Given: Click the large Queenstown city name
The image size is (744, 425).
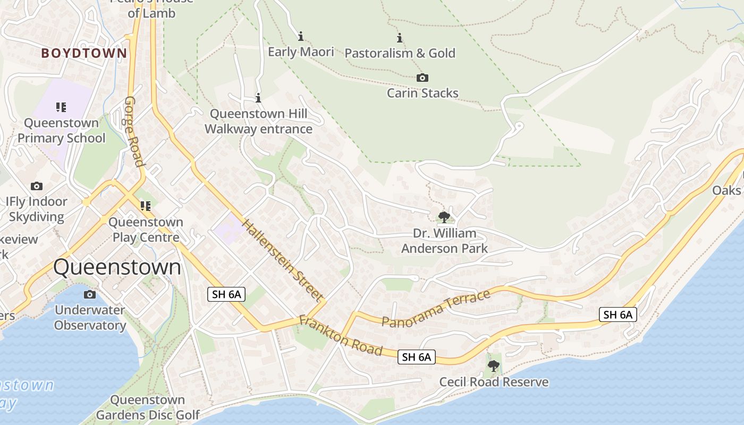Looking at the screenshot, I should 117,267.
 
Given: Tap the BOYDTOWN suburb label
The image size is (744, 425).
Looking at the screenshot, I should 84,53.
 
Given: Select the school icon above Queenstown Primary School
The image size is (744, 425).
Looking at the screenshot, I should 61,107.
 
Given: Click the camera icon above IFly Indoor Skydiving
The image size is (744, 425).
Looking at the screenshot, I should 37,186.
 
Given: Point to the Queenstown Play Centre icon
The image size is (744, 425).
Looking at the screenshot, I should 145,206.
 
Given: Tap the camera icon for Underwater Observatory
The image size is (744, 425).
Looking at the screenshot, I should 90,294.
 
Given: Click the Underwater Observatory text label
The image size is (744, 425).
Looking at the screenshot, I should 90,318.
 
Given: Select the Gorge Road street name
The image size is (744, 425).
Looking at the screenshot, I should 135,131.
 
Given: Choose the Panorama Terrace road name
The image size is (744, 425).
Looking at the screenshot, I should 436,309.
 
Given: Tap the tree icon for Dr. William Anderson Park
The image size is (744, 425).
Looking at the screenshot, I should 444,217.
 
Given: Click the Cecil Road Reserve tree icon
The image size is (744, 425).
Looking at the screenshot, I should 494,365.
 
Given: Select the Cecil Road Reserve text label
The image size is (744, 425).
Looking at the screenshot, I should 494,382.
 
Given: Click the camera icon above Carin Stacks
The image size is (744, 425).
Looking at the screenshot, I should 422,78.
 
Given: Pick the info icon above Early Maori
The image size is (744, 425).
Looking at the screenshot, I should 301,36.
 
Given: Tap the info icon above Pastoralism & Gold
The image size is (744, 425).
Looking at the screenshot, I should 400,38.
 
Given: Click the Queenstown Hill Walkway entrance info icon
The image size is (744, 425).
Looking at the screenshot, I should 258,98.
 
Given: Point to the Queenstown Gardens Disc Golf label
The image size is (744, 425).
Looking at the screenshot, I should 148,407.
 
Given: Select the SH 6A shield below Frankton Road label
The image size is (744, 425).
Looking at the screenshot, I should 417,358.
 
